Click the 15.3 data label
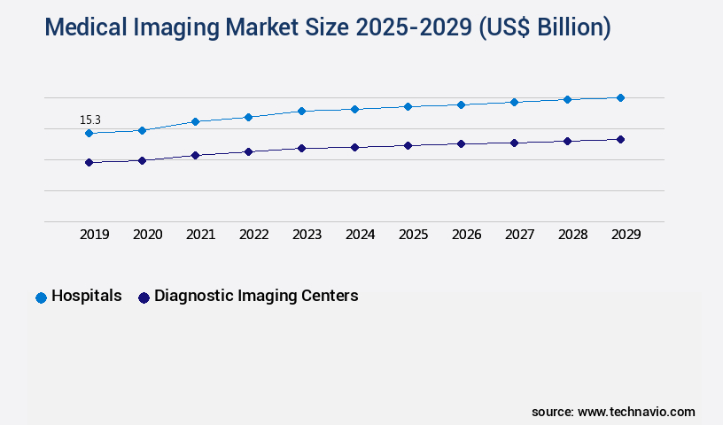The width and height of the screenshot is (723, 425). pos(89,120)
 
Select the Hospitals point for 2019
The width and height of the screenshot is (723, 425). pos(89,133)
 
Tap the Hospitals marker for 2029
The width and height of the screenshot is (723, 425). pos(620,97)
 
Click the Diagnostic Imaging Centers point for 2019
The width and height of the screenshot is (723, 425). pos(89,162)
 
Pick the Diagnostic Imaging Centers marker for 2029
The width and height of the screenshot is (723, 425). pos(620,139)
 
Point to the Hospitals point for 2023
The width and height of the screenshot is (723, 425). pos(301,111)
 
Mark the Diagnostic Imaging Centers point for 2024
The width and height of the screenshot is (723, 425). pos(354,147)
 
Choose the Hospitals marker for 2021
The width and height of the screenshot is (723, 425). pos(195,121)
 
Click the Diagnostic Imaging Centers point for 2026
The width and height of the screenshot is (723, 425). pos(461,143)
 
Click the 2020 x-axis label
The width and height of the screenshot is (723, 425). pos(147,235)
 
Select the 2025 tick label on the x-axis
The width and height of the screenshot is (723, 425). pos(413,235)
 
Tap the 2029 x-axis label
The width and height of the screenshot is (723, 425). pos(626,235)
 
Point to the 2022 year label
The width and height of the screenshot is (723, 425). pos(253,235)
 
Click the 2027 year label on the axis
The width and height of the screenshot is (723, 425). pos(519,235)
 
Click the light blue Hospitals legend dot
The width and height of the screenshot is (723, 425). pos(41,297)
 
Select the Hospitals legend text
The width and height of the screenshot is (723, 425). pos(87,297)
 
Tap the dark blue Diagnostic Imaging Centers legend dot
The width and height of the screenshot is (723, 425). pos(144,297)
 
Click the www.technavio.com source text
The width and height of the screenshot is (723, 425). pos(636,412)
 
